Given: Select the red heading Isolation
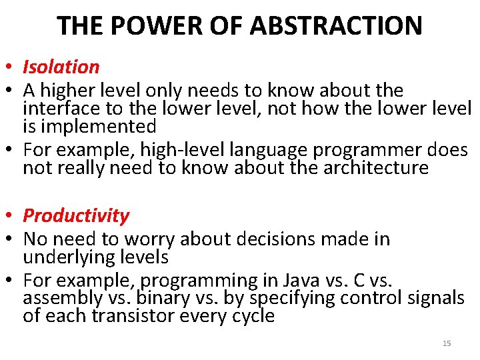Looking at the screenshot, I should (61, 67).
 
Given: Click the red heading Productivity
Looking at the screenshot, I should (76, 215).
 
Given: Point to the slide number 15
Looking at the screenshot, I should (447, 343).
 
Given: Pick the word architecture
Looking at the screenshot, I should (375, 167).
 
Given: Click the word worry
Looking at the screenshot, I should (157, 239).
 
